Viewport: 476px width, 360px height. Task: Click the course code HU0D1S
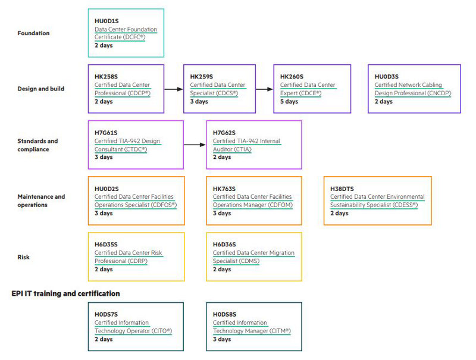(x=107, y=21)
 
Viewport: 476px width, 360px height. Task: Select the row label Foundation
(x=33, y=33)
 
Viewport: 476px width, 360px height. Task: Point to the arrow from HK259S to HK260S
(x=265, y=89)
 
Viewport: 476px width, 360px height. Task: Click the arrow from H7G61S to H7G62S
(x=195, y=145)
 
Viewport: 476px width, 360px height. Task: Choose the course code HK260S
(x=292, y=77)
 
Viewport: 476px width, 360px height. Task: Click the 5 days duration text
(x=289, y=102)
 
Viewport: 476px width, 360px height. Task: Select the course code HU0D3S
(x=386, y=77)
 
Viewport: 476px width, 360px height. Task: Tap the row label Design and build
(x=41, y=89)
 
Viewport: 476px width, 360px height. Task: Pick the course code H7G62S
(x=224, y=133)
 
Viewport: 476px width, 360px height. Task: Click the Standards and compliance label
(x=38, y=145)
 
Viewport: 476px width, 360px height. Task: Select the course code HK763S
(x=224, y=189)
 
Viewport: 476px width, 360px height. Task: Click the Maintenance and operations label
(x=41, y=201)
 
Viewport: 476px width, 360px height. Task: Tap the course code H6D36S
(x=224, y=245)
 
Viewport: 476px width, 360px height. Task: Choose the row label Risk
(x=24, y=257)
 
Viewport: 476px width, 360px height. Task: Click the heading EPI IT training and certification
(x=65, y=293)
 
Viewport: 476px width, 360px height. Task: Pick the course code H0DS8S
(x=224, y=314)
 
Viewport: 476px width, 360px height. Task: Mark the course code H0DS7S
(x=107, y=314)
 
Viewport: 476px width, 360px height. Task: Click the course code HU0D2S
(x=107, y=189)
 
